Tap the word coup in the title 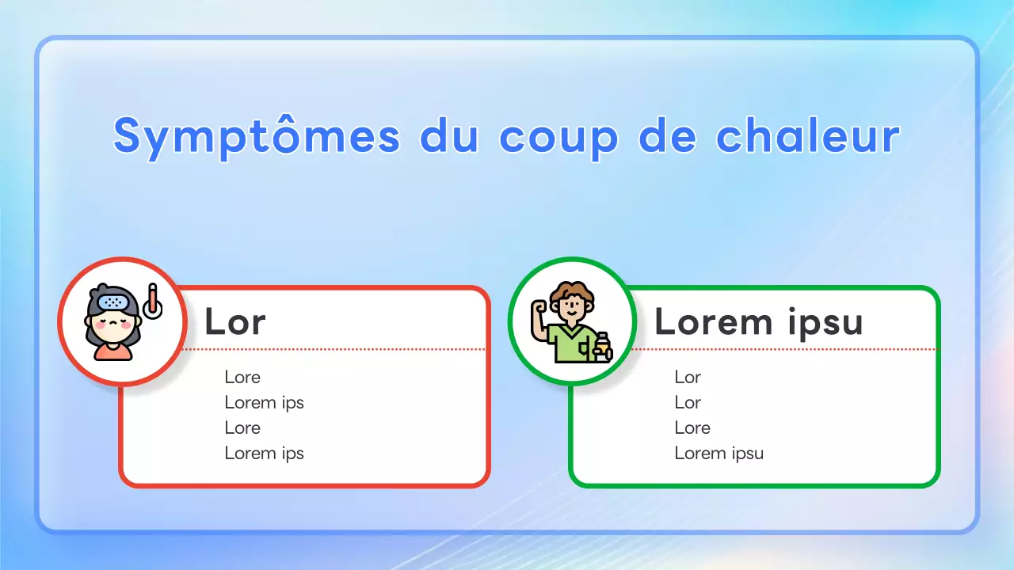coord(558,137)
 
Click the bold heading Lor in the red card coord(234,321)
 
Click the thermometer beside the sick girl coord(152,302)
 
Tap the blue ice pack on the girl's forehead coord(115,302)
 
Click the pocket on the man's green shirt coord(584,345)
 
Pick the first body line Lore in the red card coord(242,377)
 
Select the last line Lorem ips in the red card coord(264,453)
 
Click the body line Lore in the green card coord(692,427)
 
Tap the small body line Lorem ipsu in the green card coord(719,453)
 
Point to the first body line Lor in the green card coord(688,377)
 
